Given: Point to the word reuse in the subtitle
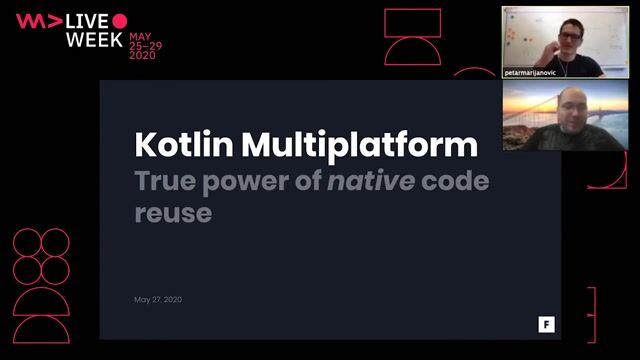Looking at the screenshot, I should tap(172, 213).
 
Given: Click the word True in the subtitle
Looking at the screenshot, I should tap(165, 183).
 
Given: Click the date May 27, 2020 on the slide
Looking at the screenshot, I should tap(158, 300).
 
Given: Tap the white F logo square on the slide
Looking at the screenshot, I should tap(546, 324).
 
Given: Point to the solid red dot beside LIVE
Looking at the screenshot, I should tap(120, 21).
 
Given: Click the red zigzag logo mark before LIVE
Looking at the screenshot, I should tap(38, 21).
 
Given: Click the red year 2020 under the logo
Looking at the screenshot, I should tap(142, 56).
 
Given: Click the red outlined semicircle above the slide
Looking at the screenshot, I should tap(412, 51).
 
